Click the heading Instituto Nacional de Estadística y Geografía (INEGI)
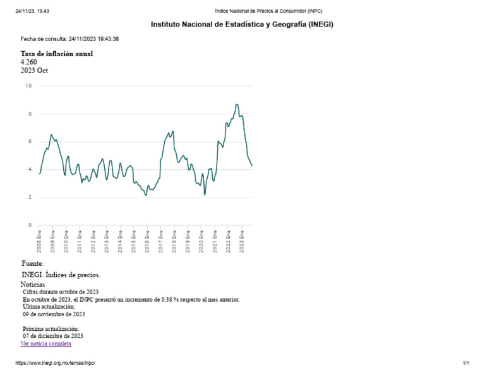(x=242, y=25)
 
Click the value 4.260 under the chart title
(x=29, y=62)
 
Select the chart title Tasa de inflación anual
(x=57, y=54)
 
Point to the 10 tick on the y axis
(x=28, y=86)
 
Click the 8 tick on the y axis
(x=29, y=114)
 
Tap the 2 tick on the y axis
(x=29, y=198)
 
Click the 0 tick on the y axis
(x=29, y=225)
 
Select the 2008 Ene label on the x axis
(x=39, y=241)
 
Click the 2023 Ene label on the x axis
(x=242, y=241)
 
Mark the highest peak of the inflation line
(x=237, y=105)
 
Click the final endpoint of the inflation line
(x=252, y=165)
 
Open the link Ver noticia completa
(x=46, y=343)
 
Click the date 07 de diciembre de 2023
(x=52, y=336)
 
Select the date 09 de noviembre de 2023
(x=54, y=314)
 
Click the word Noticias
(x=33, y=285)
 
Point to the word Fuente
(x=32, y=263)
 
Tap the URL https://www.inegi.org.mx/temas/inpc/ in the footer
(x=54, y=364)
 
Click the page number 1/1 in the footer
(x=466, y=364)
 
